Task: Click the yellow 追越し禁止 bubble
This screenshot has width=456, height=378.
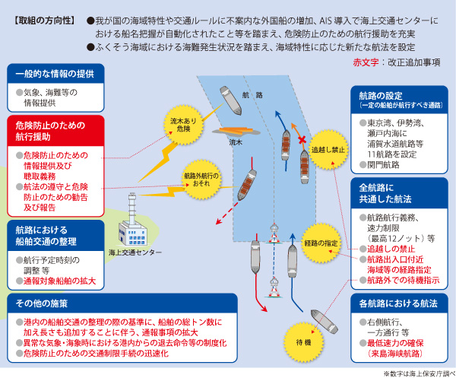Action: point(328,149)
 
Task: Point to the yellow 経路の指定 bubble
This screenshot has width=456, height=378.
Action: point(320,243)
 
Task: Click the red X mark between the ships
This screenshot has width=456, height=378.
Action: point(301,141)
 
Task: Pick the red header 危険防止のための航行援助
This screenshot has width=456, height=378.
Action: point(54,131)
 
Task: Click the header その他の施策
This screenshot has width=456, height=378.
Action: point(38,303)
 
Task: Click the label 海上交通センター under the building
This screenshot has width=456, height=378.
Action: point(136,252)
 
